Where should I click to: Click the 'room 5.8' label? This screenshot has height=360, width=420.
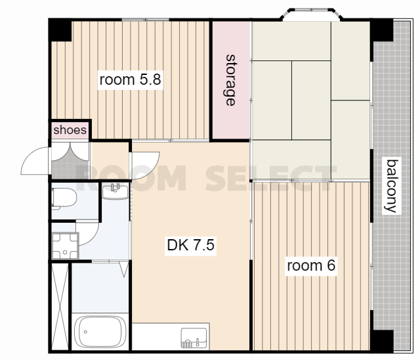click(130, 79)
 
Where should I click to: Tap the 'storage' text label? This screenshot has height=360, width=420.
click(230, 80)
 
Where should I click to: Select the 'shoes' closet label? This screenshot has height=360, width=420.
click(70, 130)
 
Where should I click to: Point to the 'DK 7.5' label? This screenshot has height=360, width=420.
click(190, 245)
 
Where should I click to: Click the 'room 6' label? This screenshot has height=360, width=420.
click(311, 265)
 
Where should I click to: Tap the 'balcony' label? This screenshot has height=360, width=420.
click(391, 186)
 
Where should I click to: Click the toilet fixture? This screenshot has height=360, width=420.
click(64, 198)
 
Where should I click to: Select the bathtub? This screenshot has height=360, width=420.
click(100, 332)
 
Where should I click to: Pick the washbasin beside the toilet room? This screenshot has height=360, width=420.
click(115, 191)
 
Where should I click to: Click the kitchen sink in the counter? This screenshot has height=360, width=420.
click(194, 338)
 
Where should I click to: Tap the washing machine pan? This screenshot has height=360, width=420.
click(65, 246)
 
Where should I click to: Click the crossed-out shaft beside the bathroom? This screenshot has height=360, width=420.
click(60, 306)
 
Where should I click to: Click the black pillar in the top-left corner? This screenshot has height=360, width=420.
click(60, 30)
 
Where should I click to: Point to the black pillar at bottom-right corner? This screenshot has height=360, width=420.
click(382, 340)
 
